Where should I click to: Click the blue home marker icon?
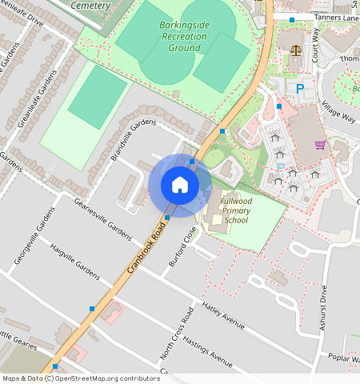[180, 185]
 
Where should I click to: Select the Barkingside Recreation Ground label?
[184, 36]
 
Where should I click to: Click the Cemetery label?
[90, 6]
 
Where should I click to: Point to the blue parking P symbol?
[300, 89]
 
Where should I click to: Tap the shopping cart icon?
[320, 145]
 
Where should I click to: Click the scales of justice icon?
[296, 50]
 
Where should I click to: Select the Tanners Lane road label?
[336, 18]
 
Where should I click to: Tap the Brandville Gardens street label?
[134, 140]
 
